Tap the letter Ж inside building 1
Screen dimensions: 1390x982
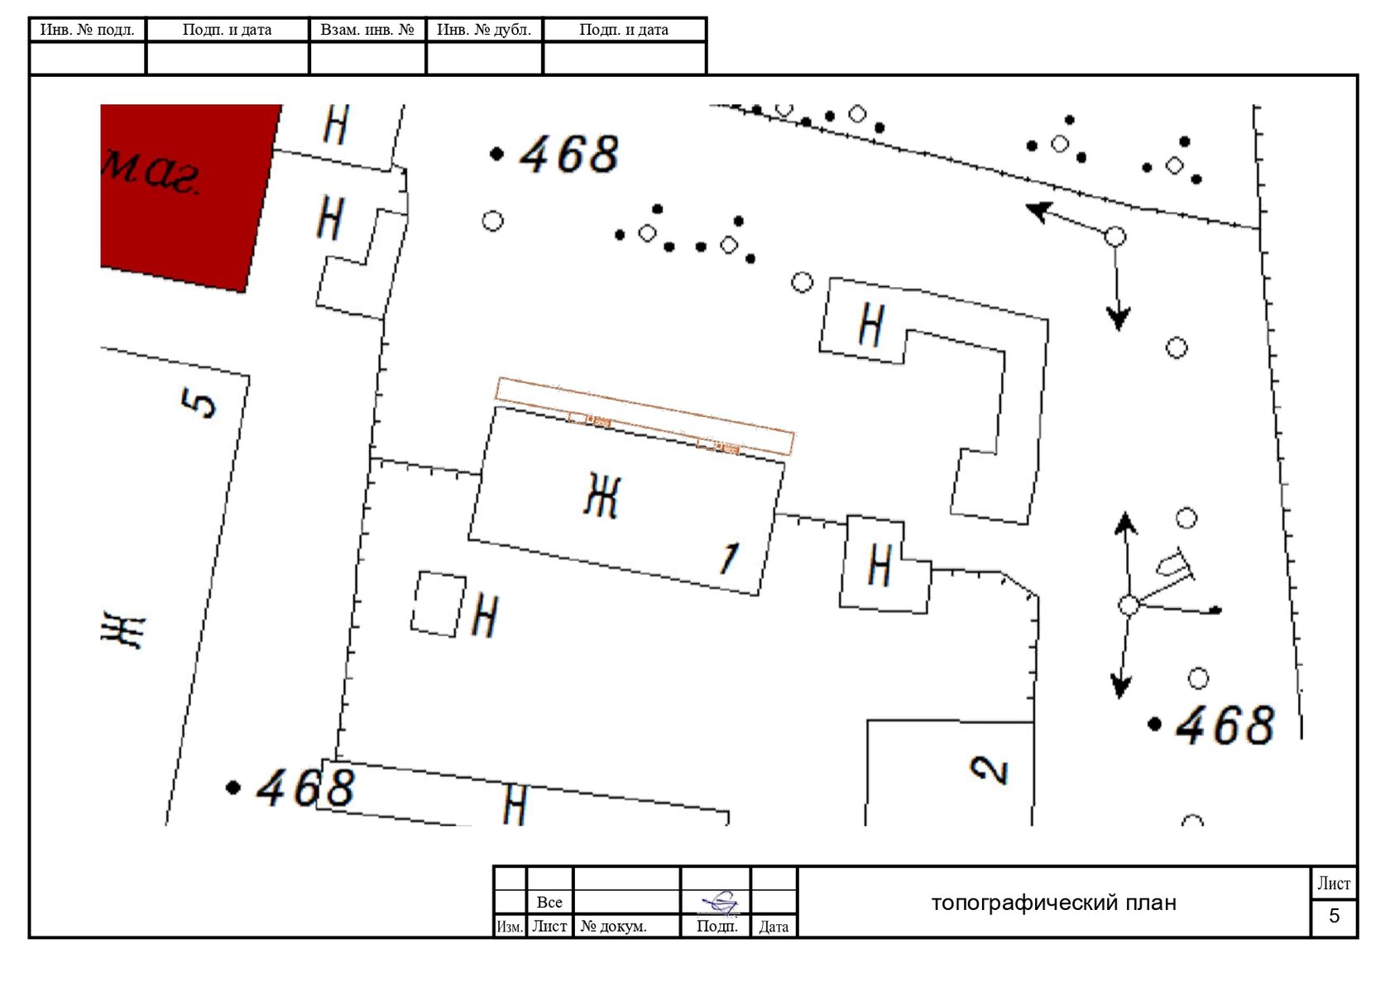point(602,495)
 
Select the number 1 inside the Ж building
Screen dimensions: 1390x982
point(730,558)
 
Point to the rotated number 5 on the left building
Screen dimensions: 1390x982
point(199,403)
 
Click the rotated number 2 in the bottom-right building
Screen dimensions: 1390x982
point(990,769)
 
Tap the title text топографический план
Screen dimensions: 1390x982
point(1053,903)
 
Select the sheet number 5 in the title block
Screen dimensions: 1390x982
point(1334,916)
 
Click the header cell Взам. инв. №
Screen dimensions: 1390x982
point(367,30)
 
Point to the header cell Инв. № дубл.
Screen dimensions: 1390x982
point(484,30)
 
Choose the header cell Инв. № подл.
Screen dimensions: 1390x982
point(87,30)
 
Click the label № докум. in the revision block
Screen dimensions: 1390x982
point(613,927)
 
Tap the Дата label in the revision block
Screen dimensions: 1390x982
point(773,927)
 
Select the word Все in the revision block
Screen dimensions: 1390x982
point(549,902)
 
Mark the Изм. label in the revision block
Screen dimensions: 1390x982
point(510,927)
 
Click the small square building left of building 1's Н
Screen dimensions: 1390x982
point(439,604)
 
